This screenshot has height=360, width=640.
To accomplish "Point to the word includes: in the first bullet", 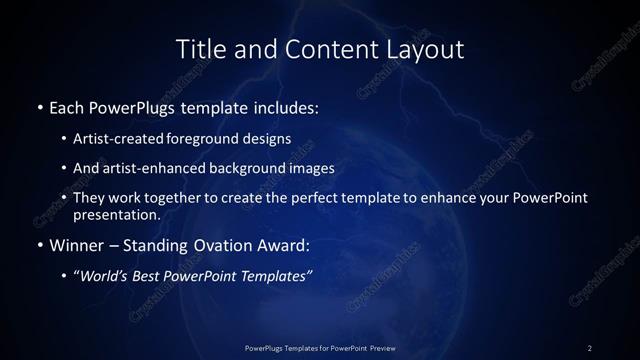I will (x=289, y=105).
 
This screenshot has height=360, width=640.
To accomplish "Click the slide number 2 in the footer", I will (x=589, y=347).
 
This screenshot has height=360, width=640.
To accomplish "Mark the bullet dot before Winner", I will (x=39, y=244).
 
